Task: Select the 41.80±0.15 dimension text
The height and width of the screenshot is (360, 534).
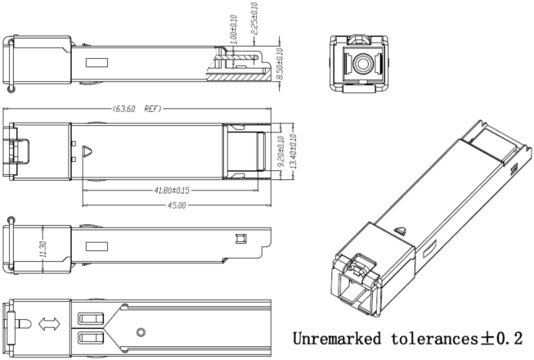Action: pyautogui.click(x=171, y=191)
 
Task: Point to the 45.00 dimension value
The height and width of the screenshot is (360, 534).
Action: pyautogui.click(x=175, y=205)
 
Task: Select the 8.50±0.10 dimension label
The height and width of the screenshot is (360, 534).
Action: pyautogui.click(x=281, y=62)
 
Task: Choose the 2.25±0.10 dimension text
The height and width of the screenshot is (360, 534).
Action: pyautogui.click(x=254, y=17)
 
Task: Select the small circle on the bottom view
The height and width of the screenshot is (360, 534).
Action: pyautogui.click(x=141, y=332)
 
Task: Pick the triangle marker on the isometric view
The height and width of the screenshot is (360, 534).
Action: pyautogui.click(x=399, y=232)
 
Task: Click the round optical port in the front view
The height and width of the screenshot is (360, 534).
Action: pyautogui.click(x=357, y=61)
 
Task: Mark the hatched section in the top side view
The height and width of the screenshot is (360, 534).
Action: pyautogui.click(x=233, y=76)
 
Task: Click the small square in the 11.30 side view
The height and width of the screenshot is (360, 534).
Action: pyautogui.click(x=240, y=239)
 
